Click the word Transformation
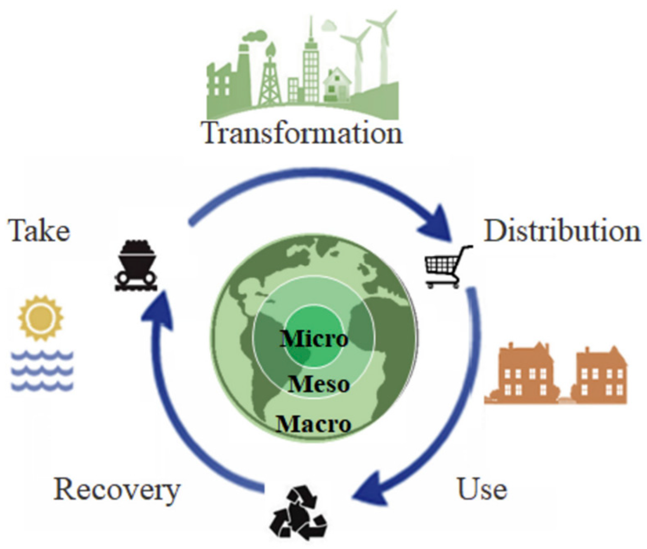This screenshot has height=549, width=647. tap(302, 133)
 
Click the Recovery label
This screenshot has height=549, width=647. tap(117, 490)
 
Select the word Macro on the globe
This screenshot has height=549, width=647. tap(314, 424)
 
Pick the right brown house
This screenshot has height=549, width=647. tap(600, 376)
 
